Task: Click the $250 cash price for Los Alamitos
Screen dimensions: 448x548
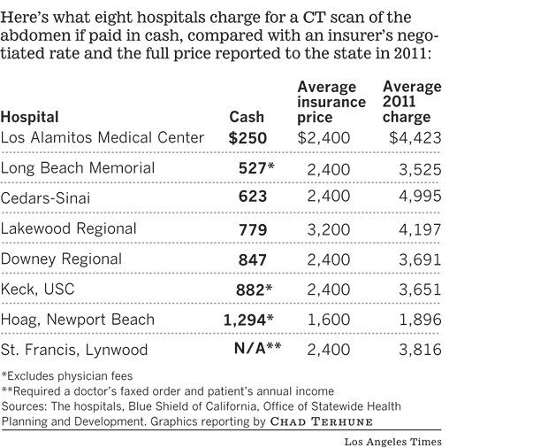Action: (247, 138)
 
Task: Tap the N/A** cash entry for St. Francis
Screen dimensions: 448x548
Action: (257, 349)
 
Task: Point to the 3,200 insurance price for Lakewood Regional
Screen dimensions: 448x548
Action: (328, 228)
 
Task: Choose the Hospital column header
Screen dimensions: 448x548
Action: (30, 117)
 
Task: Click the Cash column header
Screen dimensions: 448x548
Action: (247, 117)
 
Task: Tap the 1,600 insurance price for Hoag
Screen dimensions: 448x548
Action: (328, 319)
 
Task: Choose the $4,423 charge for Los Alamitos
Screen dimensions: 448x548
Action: (415, 138)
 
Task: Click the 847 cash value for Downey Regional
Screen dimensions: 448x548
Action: (252, 259)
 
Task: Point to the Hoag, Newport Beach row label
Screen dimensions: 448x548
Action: (78, 319)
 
